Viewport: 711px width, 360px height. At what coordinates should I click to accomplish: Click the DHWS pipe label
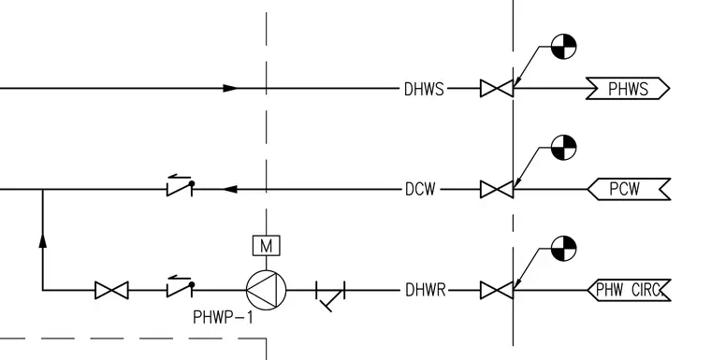(x=424, y=90)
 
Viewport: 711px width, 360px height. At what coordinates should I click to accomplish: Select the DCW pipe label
(x=420, y=189)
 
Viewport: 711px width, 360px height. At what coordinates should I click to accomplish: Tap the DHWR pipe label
(x=426, y=290)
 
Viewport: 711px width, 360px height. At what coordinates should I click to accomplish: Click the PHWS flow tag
(x=628, y=89)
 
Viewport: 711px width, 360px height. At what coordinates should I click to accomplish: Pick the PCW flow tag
(x=629, y=189)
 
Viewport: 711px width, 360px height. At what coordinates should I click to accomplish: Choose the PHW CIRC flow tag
(x=629, y=290)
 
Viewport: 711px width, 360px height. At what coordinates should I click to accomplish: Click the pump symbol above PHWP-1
(x=267, y=290)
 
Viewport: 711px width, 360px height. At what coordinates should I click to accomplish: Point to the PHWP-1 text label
(x=223, y=317)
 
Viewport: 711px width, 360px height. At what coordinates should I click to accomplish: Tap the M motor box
(x=267, y=246)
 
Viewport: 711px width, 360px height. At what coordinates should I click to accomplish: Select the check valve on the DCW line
(x=180, y=186)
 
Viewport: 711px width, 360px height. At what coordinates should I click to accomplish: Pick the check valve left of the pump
(x=180, y=286)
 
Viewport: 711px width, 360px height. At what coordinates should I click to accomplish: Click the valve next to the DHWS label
(x=497, y=89)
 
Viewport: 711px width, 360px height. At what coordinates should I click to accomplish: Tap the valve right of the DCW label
(x=497, y=190)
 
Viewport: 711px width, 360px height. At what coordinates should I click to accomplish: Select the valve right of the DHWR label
(x=497, y=290)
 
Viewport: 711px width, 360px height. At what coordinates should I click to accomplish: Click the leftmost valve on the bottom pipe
(x=111, y=290)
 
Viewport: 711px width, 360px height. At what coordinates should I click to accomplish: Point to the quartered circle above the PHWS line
(x=563, y=46)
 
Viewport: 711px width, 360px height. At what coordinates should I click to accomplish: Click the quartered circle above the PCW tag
(x=563, y=148)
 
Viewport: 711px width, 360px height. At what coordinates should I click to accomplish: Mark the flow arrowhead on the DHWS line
(x=230, y=89)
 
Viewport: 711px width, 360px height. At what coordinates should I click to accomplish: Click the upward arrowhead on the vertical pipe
(x=43, y=240)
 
